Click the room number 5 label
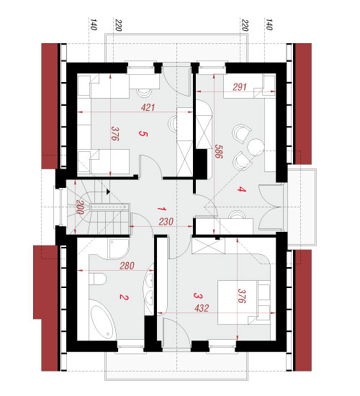pyautogui.click(x=143, y=134)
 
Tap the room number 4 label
pyautogui.click(x=241, y=189)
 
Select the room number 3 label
pyautogui.click(x=198, y=295)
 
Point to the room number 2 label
pyautogui.click(x=124, y=297)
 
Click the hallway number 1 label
pyautogui.click(x=162, y=209)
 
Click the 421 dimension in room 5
pyautogui.click(x=148, y=107)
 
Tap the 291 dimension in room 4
pyautogui.click(x=240, y=87)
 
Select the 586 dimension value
pyautogui.click(x=219, y=151)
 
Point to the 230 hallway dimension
pyautogui.click(x=166, y=222)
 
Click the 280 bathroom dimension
pyautogui.click(x=127, y=266)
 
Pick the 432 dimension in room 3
pyautogui.click(x=202, y=308)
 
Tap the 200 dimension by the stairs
pyautogui.click(x=80, y=207)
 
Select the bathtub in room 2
pyautogui.click(x=102, y=320)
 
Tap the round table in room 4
pyautogui.click(x=256, y=147)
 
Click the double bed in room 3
pyautogui.click(x=244, y=302)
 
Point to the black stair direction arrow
pyautogui.click(x=108, y=192)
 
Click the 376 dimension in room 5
pyautogui.click(x=115, y=134)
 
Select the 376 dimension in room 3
pyautogui.click(x=242, y=296)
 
